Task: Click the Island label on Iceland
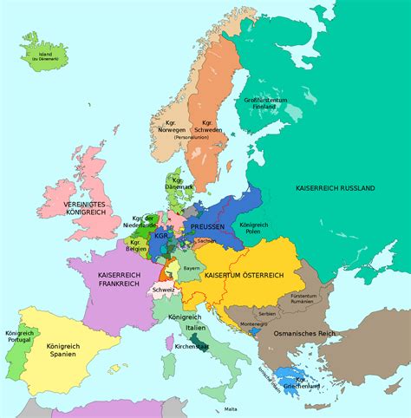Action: click(x=40, y=54)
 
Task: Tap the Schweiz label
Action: click(x=164, y=289)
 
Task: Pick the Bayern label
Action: click(x=192, y=270)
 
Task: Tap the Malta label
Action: click(x=230, y=408)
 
